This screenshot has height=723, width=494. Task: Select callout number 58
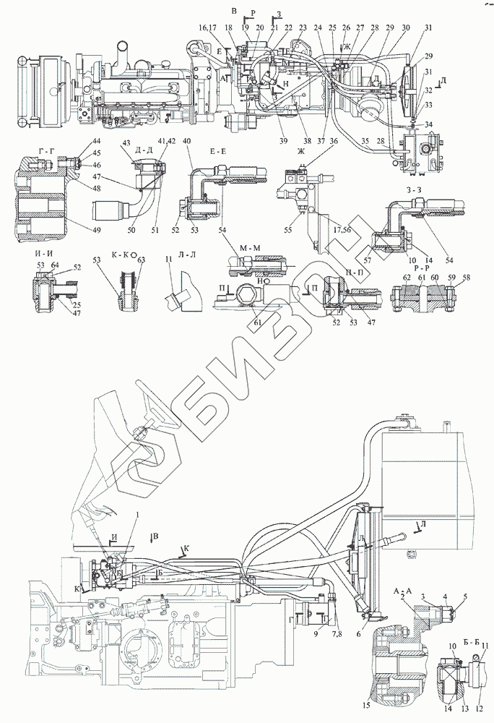466,278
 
